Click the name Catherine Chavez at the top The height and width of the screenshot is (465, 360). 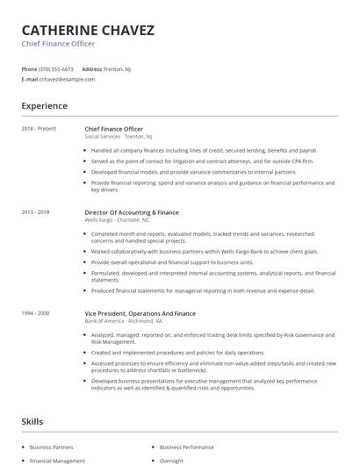point(88,31)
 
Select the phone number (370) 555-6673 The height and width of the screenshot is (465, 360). point(56,68)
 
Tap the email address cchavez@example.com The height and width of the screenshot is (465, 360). point(67,79)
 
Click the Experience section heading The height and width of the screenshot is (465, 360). point(44,106)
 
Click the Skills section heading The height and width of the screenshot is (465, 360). point(32,422)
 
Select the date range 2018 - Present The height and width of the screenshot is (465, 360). point(39,129)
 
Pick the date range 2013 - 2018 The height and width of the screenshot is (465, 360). point(35,212)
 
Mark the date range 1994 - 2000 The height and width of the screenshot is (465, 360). point(35,313)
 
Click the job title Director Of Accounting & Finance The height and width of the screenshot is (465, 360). point(131,212)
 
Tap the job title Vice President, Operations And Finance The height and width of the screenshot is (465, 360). point(140,313)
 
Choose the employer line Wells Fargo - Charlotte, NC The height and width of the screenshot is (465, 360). point(117,220)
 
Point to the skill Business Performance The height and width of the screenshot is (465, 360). point(186,447)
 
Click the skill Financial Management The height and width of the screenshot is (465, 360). point(57,461)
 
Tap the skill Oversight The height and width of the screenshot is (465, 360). point(171,461)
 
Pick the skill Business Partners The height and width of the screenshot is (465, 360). point(52,447)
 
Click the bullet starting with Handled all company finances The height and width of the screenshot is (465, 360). point(204,150)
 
